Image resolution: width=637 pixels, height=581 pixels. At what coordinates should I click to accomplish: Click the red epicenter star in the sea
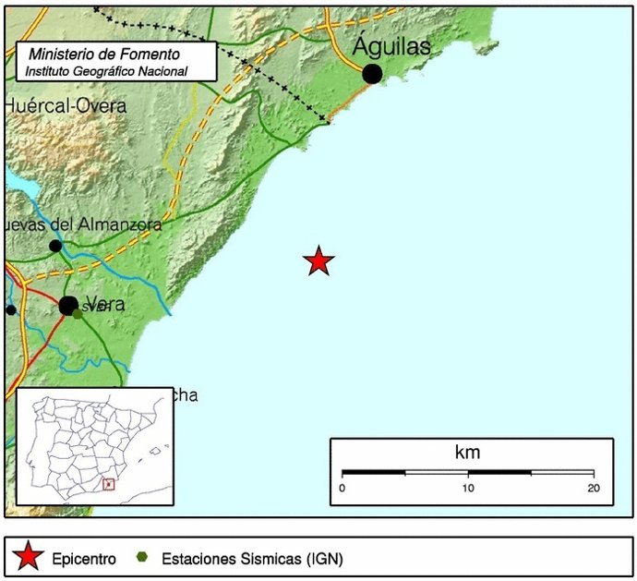coord(318,261)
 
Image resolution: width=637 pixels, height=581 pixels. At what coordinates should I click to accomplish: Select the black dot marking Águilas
coord(372,74)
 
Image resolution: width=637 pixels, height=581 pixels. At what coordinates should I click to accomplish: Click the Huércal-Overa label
coord(65,106)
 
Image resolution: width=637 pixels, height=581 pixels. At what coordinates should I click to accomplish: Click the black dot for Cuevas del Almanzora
coord(55,246)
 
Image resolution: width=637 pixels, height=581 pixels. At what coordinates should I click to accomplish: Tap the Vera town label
coord(103,306)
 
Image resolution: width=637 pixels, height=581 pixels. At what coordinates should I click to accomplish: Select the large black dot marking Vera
coord(68,305)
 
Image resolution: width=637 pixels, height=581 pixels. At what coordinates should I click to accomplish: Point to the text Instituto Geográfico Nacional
coord(106,70)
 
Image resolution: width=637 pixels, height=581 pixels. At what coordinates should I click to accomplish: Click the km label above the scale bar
coord(467,453)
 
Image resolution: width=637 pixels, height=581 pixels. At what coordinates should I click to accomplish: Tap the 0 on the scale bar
coord(343,488)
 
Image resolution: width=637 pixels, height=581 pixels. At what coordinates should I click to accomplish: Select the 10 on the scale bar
coord(468,488)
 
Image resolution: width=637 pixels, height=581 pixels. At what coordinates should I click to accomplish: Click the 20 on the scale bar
coord(593,488)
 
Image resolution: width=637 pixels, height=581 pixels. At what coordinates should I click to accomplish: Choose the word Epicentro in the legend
coord(82,558)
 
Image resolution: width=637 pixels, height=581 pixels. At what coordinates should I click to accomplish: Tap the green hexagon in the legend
coord(141,558)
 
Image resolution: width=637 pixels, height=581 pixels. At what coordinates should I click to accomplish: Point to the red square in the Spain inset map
coord(108,483)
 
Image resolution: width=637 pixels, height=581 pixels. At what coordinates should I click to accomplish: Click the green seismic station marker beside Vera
coord(78,313)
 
